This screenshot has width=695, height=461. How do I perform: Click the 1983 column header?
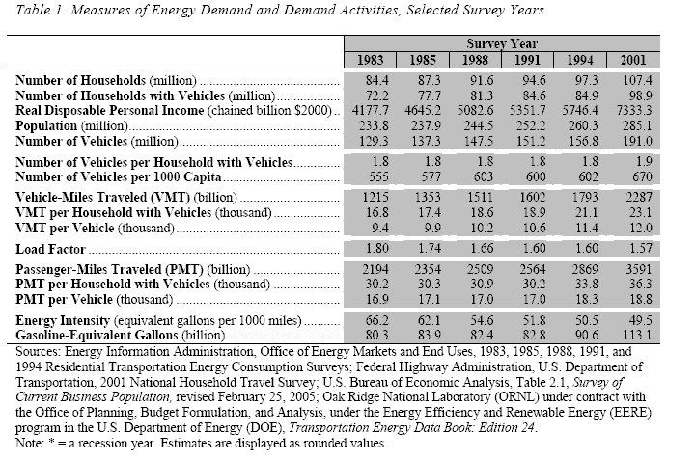(370, 60)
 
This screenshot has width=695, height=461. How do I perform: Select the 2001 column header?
(633, 60)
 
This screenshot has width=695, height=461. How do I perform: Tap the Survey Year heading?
(502, 43)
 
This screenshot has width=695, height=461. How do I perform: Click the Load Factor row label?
(50, 249)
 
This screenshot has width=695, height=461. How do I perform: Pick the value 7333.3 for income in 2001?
(634, 110)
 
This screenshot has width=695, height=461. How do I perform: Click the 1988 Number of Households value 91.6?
(482, 80)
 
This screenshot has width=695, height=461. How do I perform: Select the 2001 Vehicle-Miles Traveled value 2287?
(639, 197)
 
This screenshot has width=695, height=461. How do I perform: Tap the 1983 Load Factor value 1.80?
(377, 248)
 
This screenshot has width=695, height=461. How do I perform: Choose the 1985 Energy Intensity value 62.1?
(429, 320)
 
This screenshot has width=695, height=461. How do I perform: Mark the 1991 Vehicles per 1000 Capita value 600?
(536, 176)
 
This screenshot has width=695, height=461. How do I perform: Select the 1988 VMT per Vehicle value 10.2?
(482, 228)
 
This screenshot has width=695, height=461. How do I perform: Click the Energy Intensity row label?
(63, 320)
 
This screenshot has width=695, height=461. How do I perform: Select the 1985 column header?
(423, 60)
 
